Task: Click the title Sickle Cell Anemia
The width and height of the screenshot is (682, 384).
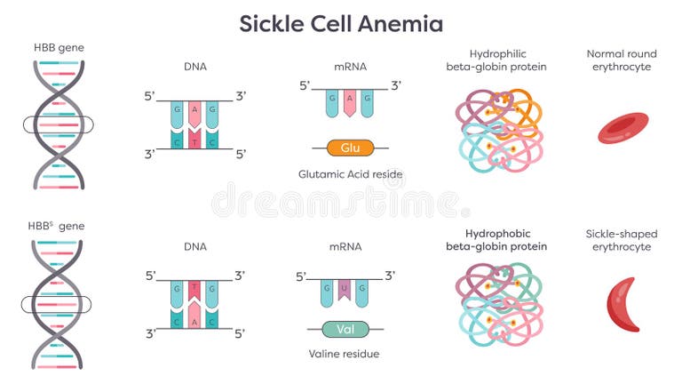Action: click(341, 23)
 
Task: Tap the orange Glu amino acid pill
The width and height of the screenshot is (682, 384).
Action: click(350, 147)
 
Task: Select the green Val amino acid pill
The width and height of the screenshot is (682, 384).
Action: click(345, 329)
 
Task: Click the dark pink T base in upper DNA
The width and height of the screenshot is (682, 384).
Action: click(192, 140)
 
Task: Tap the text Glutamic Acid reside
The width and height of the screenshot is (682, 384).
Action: click(351, 174)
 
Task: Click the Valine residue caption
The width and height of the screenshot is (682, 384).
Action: click(344, 354)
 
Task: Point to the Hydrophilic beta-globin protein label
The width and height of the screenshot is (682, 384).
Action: click(496, 60)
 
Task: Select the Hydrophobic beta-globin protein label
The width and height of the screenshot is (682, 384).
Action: click(496, 240)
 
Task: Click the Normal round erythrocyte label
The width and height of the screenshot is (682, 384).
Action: click(623, 60)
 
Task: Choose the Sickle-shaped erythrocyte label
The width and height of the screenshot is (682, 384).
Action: click(622, 240)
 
